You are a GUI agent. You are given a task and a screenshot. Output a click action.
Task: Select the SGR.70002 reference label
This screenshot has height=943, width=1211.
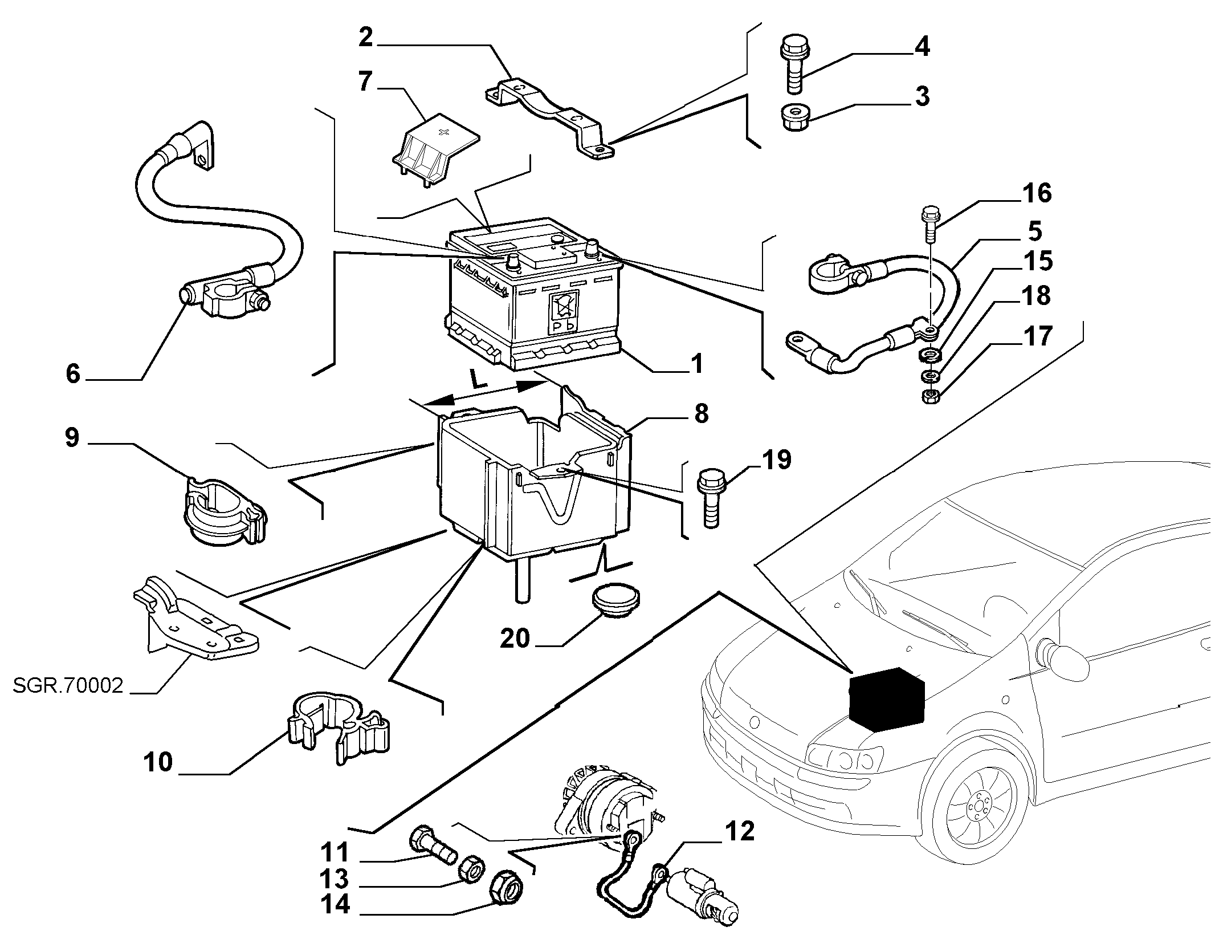pos(68,685)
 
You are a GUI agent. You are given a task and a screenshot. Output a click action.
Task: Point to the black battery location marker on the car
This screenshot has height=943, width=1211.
pos(887,698)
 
